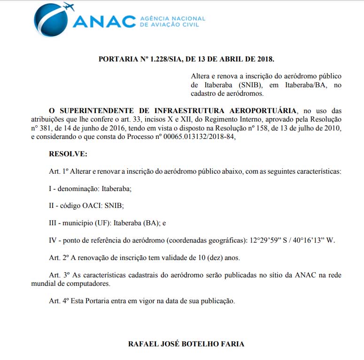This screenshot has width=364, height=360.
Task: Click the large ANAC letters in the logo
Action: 104,22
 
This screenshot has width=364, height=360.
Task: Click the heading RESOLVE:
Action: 68,154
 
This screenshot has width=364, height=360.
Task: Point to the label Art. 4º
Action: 60,300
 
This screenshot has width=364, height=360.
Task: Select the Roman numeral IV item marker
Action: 53,240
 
